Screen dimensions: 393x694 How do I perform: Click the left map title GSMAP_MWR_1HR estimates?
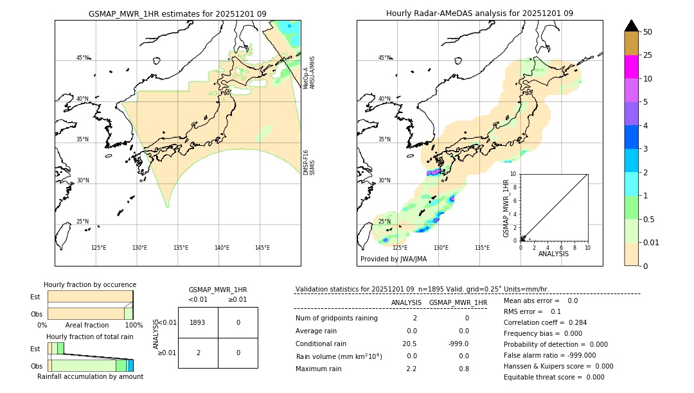tap(177, 13)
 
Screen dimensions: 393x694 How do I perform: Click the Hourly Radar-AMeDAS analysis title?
tap(479, 13)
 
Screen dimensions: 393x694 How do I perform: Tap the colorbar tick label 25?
tap(648, 55)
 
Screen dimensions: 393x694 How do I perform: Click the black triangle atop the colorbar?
tap(631, 26)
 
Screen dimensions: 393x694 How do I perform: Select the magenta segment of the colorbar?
tap(631, 67)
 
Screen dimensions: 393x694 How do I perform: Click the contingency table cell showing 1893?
tap(197, 322)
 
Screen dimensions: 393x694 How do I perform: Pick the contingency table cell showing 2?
tap(197, 353)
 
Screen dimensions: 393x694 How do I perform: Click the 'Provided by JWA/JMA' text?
tap(393, 259)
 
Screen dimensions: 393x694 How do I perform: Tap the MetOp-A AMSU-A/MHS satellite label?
tap(309, 72)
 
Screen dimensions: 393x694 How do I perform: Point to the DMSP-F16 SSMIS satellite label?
tap(309, 162)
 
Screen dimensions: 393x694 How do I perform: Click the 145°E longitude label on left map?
tap(262, 248)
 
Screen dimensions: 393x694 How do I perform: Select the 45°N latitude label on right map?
tap(384, 58)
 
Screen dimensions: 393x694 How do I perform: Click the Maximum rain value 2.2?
tap(411, 369)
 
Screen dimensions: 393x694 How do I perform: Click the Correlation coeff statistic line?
tap(545, 322)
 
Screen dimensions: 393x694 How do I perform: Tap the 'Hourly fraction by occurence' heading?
tap(90, 284)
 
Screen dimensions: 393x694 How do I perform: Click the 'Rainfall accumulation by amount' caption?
tap(90, 376)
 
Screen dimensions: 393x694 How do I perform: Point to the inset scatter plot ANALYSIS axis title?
tap(553, 254)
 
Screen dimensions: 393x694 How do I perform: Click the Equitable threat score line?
tap(554, 377)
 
